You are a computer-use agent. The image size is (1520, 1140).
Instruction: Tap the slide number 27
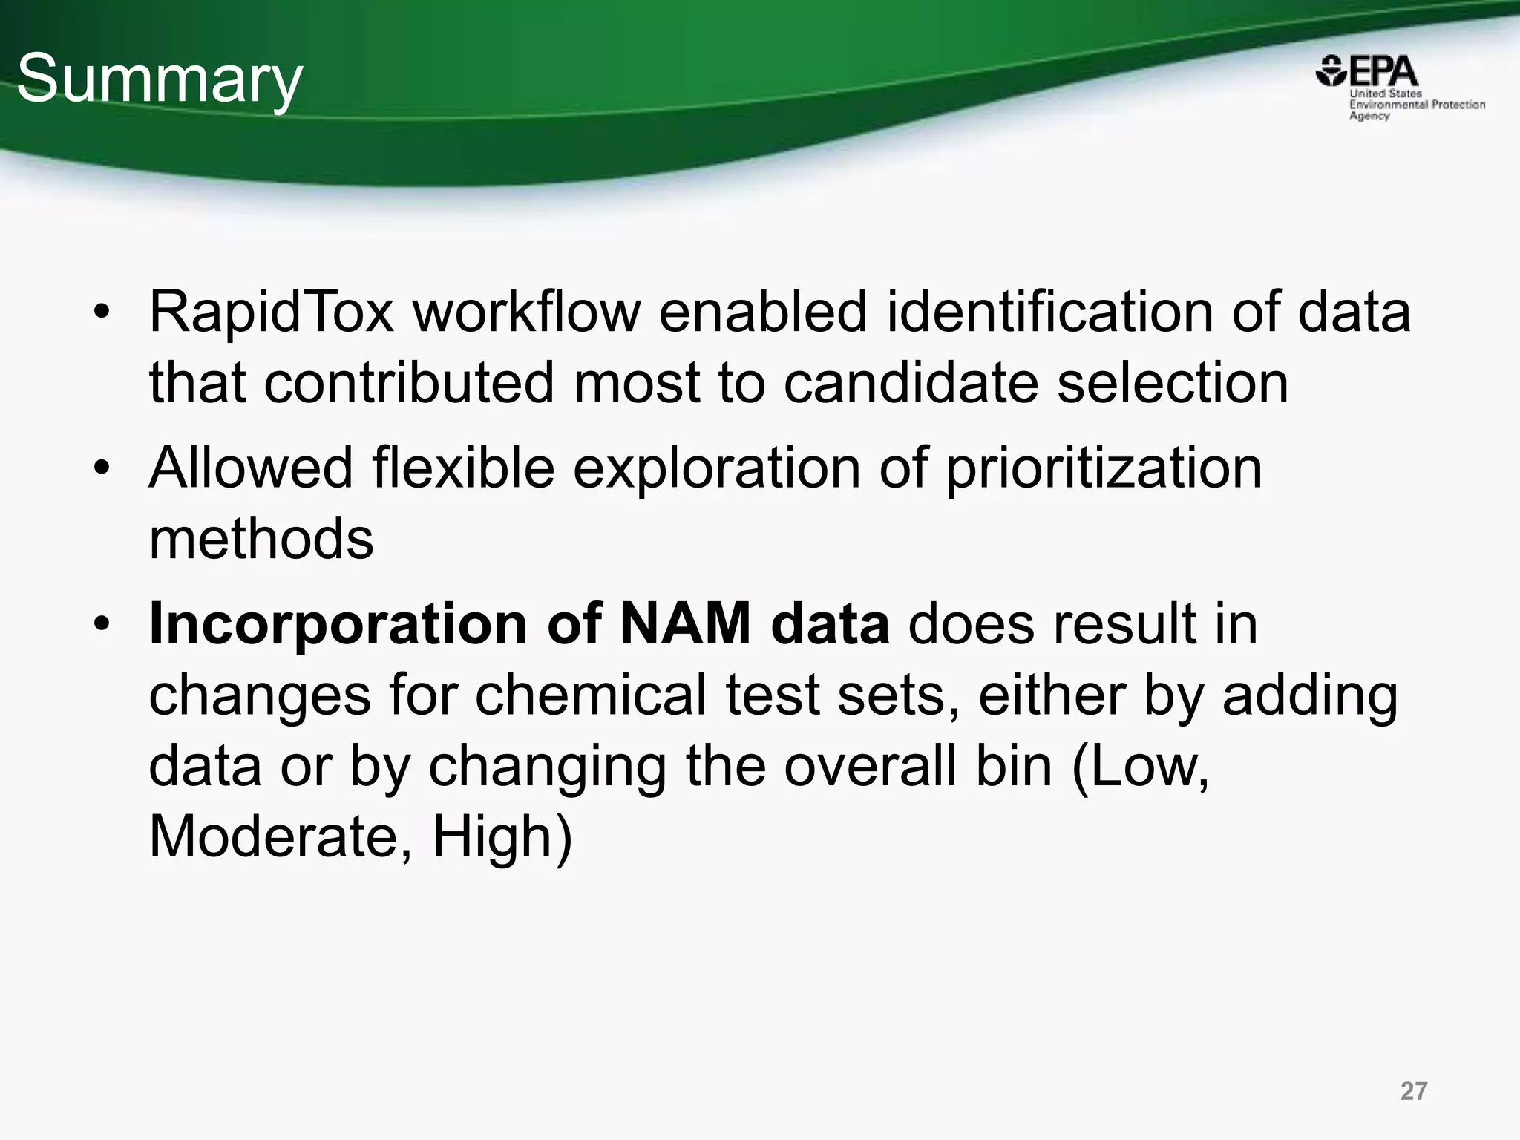coord(1414,1091)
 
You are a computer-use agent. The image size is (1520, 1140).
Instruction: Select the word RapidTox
coord(272,312)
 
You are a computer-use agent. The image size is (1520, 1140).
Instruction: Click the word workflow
coord(526,312)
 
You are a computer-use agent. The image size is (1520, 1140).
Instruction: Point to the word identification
coord(1050,312)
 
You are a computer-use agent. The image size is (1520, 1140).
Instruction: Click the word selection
coord(1173,383)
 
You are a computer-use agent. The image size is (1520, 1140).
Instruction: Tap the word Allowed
coord(251,468)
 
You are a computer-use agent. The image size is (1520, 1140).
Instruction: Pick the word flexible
coord(463,468)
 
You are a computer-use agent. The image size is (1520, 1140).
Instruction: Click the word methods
coord(261,539)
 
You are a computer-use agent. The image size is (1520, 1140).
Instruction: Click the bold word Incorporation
coord(338,625)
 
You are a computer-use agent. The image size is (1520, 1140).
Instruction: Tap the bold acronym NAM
coord(685,623)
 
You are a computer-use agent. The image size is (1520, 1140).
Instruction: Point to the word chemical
coord(591,695)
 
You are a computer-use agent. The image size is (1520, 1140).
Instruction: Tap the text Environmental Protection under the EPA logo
coord(1417,105)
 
